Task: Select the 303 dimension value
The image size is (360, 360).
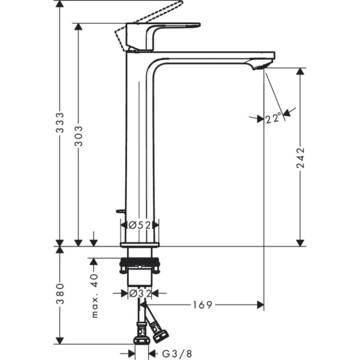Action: (x=78, y=135)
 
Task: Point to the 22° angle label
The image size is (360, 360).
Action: (x=273, y=118)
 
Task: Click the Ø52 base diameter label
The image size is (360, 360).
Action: (x=139, y=225)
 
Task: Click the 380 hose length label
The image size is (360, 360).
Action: (x=60, y=294)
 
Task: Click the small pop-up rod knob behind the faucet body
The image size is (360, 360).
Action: (x=119, y=212)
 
